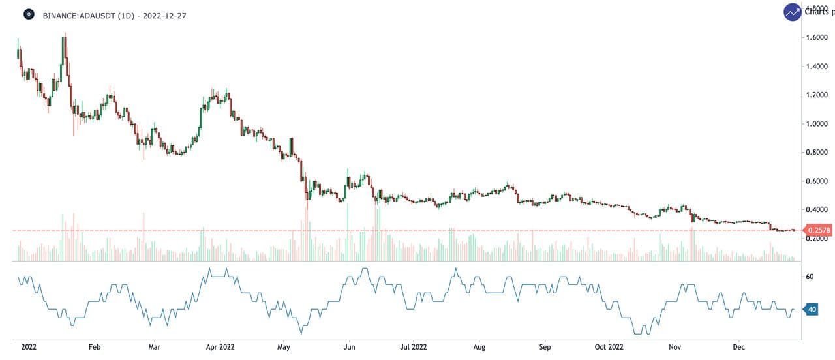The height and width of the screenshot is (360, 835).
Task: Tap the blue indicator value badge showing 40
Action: tap(812, 310)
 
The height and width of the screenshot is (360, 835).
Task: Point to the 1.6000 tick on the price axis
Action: tap(817, 37)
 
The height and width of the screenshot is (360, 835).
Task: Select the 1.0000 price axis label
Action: tap(817, 123)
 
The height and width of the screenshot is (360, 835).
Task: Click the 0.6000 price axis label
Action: tap(817, 181)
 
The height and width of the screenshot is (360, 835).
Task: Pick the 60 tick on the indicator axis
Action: tap(810, 277)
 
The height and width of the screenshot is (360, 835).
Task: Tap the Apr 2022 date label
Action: tap(220, 347)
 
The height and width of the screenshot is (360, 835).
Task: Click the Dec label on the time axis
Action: tap(738, 347)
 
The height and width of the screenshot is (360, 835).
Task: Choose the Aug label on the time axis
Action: tap(479, 347)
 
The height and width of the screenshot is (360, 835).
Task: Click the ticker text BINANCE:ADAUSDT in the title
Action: tap(79, 15)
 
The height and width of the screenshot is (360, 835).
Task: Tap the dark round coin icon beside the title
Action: tap(29, 14)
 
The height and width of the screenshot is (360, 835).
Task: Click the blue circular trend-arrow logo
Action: tap(793, 12)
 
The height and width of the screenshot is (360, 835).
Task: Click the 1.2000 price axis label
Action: tap(817, 95)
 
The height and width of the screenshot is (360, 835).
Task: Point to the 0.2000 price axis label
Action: tap(817, 239)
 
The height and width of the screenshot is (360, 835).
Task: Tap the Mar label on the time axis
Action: tap(154, 347)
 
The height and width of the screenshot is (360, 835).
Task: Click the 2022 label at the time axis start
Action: tap(29, 347)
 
